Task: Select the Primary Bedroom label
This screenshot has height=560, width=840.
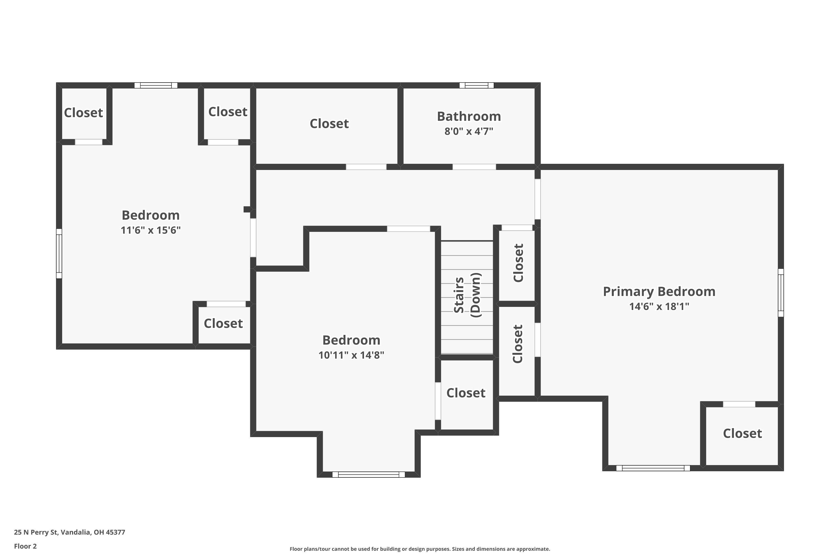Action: click(x=659, y=291)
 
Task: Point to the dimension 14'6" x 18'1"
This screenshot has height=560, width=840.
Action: click(x=659, y=306)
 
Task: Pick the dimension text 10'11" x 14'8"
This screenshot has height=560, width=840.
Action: click(x=351, y=355)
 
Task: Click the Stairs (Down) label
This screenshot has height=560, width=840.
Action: click(x=467, y=295)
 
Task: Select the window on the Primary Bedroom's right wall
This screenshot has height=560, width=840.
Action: click(x=781, y=293)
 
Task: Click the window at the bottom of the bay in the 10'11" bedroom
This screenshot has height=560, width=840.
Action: click(x=368, y=474)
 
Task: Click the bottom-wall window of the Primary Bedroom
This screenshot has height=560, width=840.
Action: click(x=653, y=468)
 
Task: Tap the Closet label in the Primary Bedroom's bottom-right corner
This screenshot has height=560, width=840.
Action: click(x=742, y=433)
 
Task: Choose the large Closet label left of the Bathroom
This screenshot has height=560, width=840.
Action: click(x=329, y=123)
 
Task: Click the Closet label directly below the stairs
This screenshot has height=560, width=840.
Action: click(x=466, y=393)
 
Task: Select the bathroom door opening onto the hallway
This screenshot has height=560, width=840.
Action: click(x=474, y=167)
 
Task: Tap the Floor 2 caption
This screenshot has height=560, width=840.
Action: click(x=25, y=546)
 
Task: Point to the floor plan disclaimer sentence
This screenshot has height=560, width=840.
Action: click(x=420, y=549)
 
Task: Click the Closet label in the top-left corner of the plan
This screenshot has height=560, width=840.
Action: click(x=83, y=113)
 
